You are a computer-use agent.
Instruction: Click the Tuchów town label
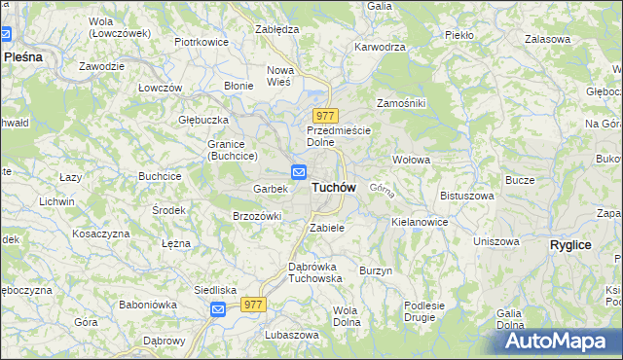[x=334, y=187]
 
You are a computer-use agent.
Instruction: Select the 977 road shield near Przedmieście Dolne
[x=325, y=116]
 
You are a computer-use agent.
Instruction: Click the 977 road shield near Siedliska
[x=254, y=305]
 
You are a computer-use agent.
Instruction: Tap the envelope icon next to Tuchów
[x=300, y=173]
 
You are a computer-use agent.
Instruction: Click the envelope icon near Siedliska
[x=218, y=309]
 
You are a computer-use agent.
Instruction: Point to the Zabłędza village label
[x=276, y=29]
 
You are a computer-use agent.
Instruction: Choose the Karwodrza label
[x=380, y=46]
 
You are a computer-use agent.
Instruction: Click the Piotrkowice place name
[x=201, y=42]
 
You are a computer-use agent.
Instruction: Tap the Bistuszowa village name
[x=467, y=196]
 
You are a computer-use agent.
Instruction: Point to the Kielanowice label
[x=420, y=222]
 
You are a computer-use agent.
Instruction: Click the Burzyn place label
[x=376, y=270]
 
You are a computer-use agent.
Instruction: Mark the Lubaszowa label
[x=291, y=334]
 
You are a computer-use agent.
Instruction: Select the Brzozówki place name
[x=257, y=216]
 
